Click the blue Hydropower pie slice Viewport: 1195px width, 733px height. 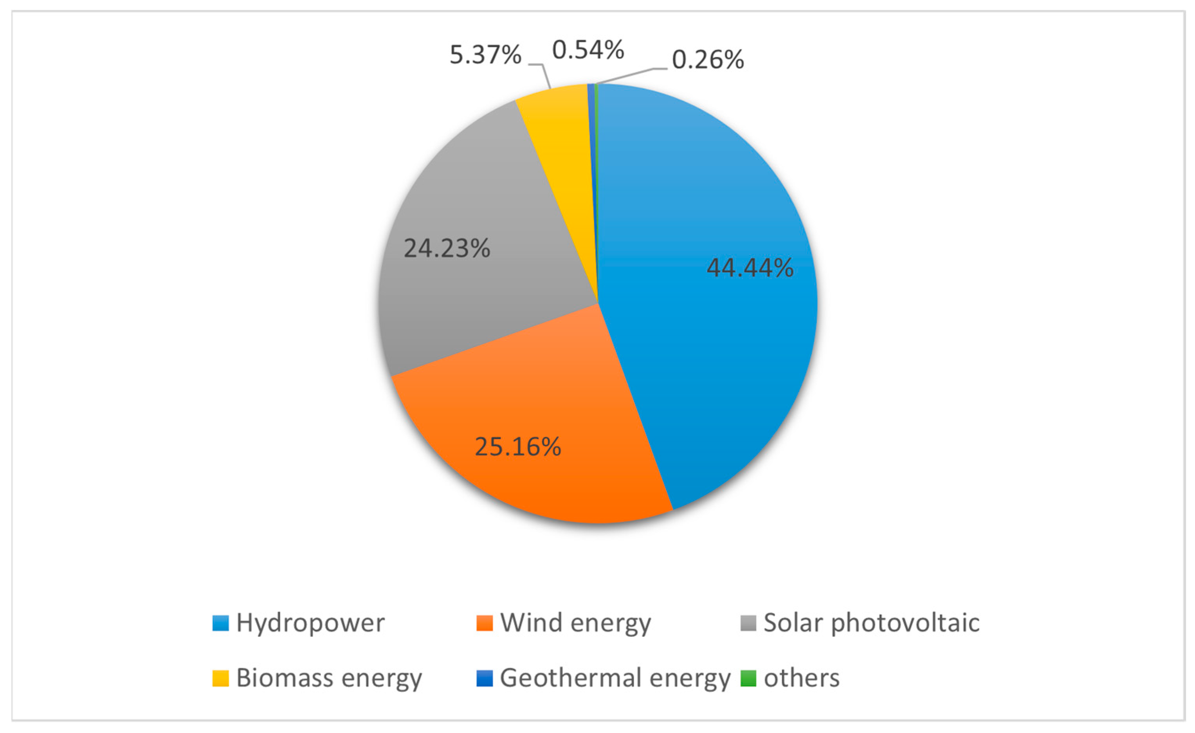703,364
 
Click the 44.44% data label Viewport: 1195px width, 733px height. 750,268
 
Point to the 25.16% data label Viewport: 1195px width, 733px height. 517,446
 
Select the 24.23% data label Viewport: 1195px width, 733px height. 447,248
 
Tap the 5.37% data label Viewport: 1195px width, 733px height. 485,54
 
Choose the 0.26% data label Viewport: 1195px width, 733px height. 708,60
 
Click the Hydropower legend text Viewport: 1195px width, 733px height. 310,623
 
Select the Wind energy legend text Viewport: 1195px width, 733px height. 576,623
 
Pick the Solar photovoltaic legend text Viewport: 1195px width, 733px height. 872,623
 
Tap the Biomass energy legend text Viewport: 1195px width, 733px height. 329,678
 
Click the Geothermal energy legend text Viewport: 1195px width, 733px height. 615,678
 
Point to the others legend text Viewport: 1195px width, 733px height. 802,678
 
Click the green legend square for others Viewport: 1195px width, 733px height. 748,678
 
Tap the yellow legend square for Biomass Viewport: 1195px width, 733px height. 221,678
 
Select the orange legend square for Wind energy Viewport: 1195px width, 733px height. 485,623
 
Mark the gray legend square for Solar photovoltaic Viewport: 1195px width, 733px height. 748,623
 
